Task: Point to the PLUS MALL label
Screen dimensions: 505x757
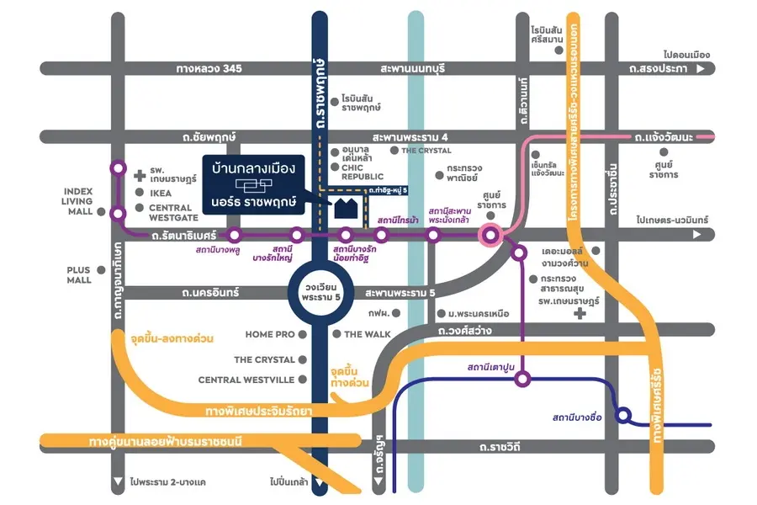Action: point(78,274)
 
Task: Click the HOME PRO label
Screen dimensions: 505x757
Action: point(270,334)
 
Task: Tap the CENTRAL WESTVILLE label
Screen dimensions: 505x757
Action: point(246,380)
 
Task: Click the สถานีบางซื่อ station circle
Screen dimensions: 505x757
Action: point(623,415)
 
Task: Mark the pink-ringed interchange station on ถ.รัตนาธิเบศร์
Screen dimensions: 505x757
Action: point(490,235)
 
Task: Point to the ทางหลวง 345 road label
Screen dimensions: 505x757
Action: point(209,68)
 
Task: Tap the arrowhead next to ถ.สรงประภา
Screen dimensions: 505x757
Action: point(700,68)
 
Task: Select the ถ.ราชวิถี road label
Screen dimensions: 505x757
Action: point(499,446)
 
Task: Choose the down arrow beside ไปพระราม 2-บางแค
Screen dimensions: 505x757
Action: point(117,483)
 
